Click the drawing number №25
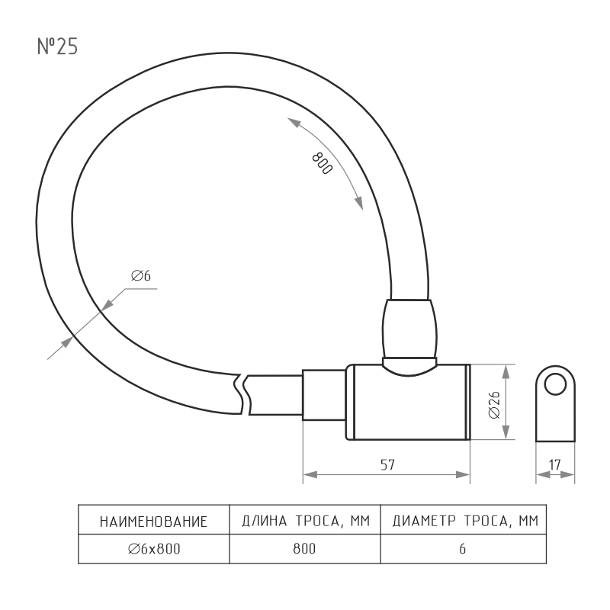(x=57, y=47)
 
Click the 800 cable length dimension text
(x=323, y=163)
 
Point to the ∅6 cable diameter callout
(x=141, y=276)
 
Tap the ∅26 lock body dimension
(x=494, y=405)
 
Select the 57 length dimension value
(x=387, y=465)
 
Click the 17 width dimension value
(x=555, y=464)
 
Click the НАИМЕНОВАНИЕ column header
(x=154, y=522)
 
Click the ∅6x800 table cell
(x=154, y=549)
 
